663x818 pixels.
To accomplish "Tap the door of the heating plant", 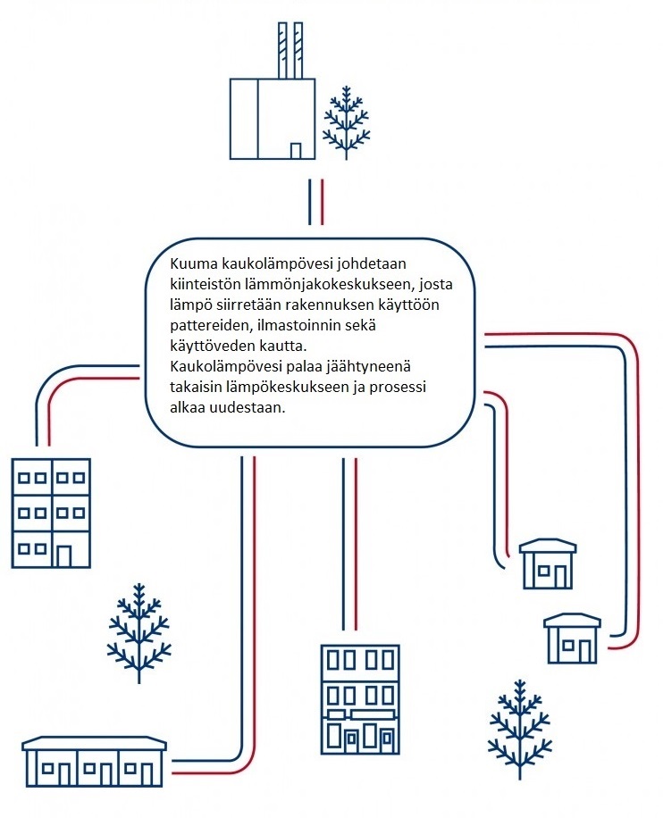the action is (296, 151).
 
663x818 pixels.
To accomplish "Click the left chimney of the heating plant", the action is (282, 51).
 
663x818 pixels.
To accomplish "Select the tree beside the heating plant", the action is (346, 123).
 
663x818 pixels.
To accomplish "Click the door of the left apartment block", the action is (64, 556).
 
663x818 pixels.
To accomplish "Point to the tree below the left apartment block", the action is (138, 633).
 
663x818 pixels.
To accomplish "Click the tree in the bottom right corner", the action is (520, 730).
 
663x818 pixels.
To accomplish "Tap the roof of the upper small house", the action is (548, 547).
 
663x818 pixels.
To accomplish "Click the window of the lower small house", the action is (568, 646).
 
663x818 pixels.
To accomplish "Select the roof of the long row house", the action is (94, 744).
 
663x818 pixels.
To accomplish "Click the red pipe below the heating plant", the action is (322, 203).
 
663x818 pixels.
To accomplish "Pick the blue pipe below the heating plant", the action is (310, 203).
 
